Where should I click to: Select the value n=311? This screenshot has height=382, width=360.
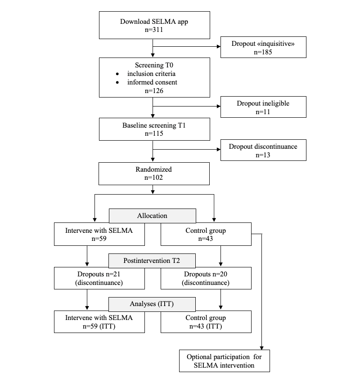[154, 30]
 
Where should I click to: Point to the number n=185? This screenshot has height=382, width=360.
[263, 52]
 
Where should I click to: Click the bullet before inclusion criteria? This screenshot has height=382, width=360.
[117, 74]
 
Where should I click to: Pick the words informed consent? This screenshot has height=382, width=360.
[152, 82]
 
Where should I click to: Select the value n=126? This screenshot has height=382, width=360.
[154, 91]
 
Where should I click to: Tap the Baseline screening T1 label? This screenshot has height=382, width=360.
[154, 125]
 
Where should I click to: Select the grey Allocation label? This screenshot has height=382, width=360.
[152, 216]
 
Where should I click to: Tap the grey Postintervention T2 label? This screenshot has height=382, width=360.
[152, 261]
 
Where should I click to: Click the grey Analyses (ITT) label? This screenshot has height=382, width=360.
[152, 304]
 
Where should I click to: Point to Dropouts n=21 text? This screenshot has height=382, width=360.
[99, 274]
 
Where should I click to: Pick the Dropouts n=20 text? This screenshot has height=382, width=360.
[206, 274]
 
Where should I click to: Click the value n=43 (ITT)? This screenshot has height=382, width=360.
[206, 326]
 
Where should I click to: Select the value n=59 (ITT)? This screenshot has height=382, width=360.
[99, 326]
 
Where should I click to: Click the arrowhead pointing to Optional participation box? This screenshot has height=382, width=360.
[261, 348]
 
